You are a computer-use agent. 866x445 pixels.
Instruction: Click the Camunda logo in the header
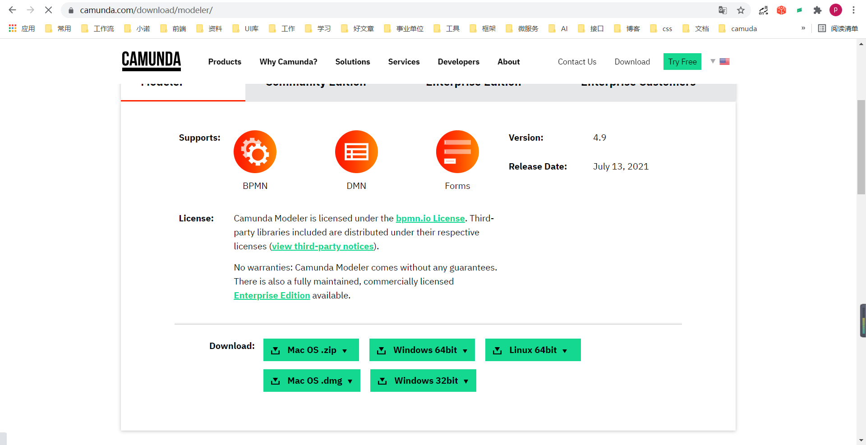(151, 61)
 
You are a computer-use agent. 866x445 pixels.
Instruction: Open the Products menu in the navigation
(225, 62)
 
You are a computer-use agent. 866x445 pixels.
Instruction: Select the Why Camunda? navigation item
(288, 62)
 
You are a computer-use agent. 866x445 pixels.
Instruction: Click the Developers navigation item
(458, 62)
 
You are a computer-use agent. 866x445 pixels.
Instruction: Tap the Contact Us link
(577, 62)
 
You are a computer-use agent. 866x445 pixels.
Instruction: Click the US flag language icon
(724, 62)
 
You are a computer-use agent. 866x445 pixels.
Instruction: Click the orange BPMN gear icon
(255, 152)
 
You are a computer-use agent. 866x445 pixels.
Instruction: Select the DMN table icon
(356, 152)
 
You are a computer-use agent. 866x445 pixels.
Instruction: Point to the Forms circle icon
(457, 152)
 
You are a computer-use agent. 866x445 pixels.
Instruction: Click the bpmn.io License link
(430, 219)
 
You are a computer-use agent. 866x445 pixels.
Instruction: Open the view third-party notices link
(322, 247)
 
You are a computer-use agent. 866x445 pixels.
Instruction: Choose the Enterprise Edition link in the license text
(272, 296)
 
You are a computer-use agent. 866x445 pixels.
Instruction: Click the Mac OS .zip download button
(311, 350)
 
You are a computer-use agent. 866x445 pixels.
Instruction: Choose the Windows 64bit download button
(422, 350)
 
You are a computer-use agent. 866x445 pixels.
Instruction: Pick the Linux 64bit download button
(533, 350)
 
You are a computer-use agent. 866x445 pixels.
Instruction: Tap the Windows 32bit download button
(423, 381)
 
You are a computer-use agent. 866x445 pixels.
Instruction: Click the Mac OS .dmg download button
(312, 381)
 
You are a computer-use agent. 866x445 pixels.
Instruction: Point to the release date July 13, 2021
(621, 167)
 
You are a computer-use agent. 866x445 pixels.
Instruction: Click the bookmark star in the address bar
(741, 10)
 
